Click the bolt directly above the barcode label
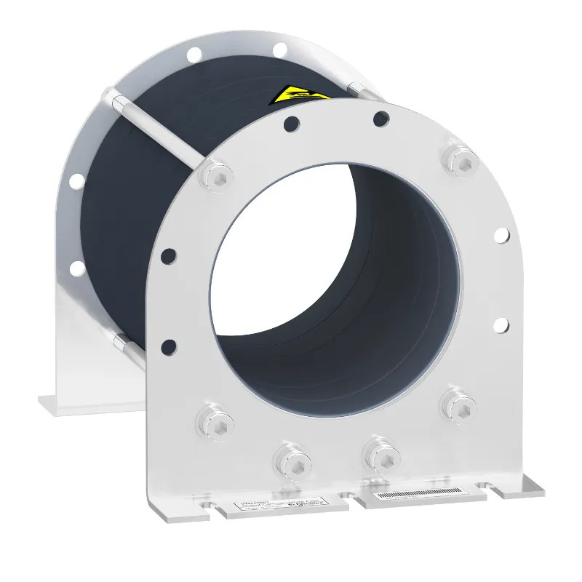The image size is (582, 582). pos(380,451)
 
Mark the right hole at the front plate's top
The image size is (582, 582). pos(379,116)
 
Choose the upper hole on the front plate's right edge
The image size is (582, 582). pos(501,234)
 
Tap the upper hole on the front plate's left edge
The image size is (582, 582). pos(168,255)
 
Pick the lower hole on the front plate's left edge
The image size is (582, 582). pos(168,346)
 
